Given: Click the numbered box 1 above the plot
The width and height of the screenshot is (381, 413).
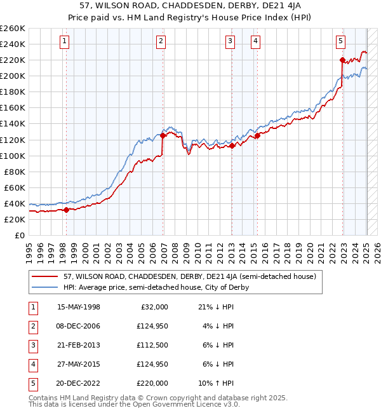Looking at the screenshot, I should tap(65, 42).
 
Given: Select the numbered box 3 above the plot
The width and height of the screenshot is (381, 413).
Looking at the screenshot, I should tap(230, 42).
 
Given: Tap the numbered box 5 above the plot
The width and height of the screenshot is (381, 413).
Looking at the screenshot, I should tap(341, 42).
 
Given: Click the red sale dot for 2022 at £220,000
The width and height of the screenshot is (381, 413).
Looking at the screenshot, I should tap(342, 60).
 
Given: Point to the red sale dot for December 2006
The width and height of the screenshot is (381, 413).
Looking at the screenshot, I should tap(163, 135).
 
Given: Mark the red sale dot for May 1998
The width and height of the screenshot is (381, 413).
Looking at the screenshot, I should tap(66, 209).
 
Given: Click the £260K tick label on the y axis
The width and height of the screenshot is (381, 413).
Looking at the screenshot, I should tap(13, 29).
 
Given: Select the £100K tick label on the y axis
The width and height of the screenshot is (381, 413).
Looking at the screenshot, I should tap(13, 156).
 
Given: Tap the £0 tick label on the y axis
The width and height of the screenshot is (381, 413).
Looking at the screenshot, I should tap(20, 235).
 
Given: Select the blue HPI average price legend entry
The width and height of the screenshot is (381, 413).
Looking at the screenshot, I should tap(156, 287).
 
